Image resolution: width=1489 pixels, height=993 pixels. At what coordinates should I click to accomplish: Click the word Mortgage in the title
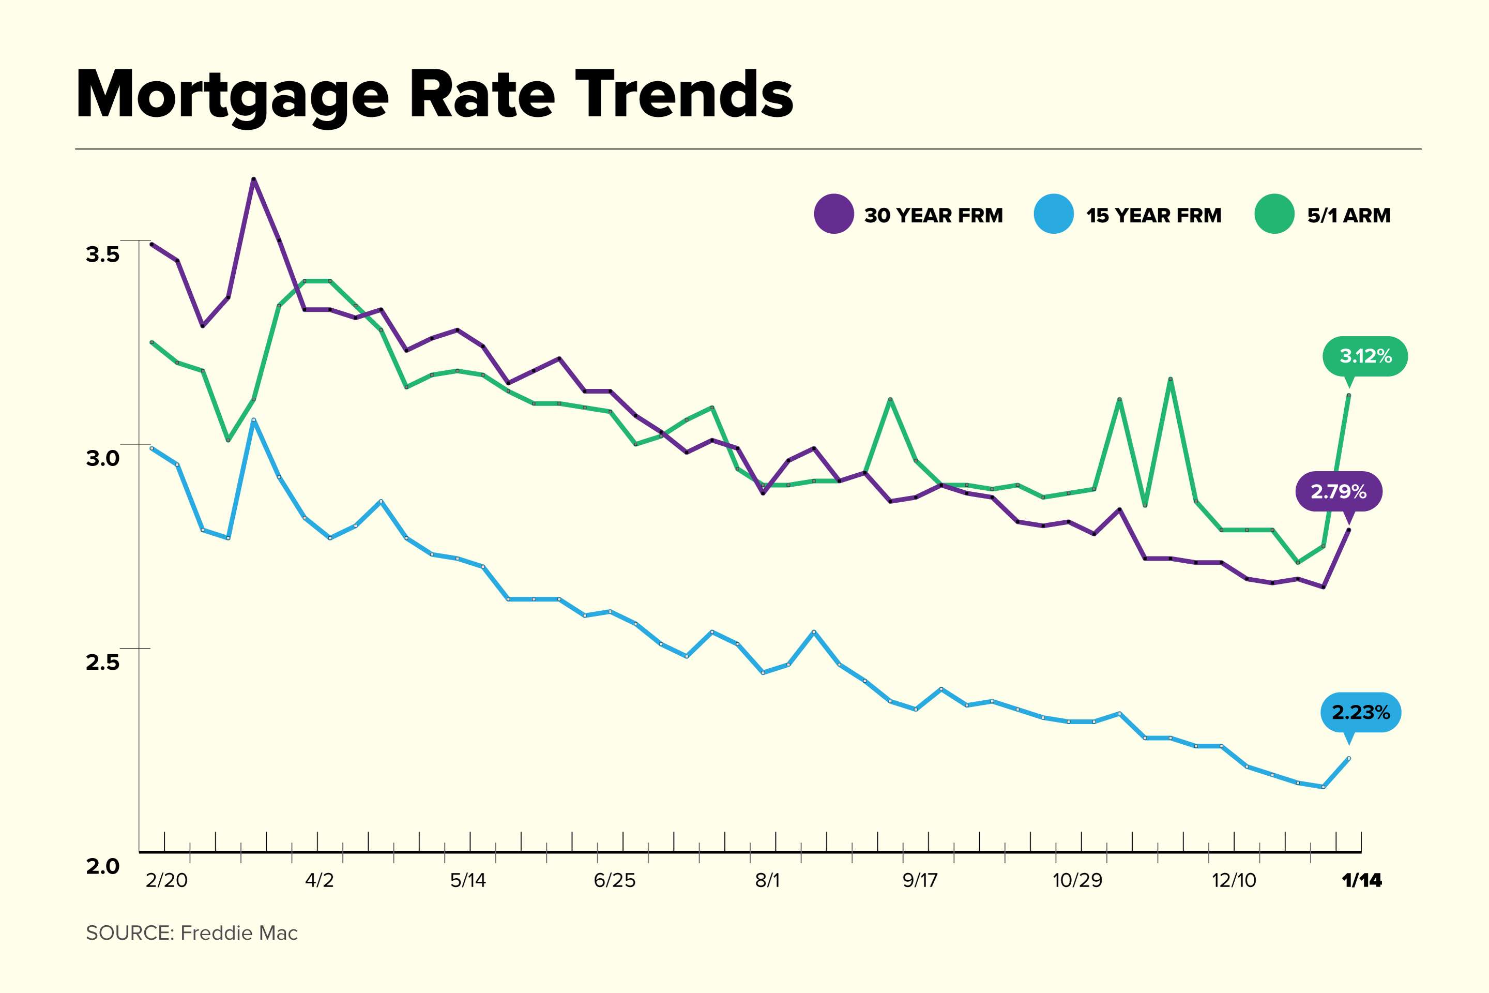click(x=232, y=95)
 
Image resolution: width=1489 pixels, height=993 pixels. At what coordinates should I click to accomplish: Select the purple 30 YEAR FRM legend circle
click(x=834, y=214)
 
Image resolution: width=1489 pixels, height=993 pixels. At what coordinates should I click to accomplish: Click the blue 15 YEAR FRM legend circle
click(x=1054, y=214)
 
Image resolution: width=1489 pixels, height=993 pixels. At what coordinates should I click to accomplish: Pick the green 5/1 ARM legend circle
click(x=1274, y=214)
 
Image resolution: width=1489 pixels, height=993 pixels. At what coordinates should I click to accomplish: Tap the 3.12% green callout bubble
click(x=1365, y=356)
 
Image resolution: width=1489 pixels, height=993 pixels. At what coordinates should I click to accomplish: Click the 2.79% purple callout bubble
click(x=1339, y=491)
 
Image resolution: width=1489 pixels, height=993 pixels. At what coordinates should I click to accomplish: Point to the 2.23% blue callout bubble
click(x=1360, y=713)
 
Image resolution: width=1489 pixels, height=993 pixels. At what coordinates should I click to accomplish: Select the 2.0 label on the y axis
click(x=102, y=866)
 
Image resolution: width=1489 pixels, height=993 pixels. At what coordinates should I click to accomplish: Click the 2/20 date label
click(x=166, y=880)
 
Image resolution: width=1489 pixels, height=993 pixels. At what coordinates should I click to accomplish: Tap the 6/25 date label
click(x=614, y=880)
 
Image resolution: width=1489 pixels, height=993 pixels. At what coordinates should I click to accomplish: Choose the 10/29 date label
click(x=1077, y=880)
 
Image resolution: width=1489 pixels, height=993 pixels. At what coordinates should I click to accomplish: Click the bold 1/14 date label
click(x=1361, y=880)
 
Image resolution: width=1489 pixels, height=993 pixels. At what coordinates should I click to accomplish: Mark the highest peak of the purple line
click(x=254, y=180)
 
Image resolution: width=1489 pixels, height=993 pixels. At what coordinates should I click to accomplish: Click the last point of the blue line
click(x=1348, y=758)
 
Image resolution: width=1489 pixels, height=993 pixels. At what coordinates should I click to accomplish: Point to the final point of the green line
click(x=1348, y=396)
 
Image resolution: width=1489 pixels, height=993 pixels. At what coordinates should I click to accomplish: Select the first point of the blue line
click(x=151, y=448)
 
